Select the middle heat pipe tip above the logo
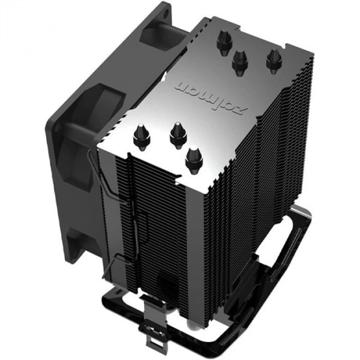pyautogui.click(x=239, y=60)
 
